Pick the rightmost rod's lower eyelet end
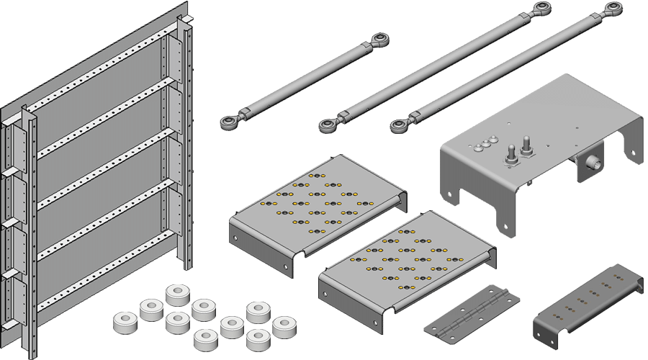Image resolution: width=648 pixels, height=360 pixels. point(398,127)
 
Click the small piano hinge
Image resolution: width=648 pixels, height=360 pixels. point(472,311)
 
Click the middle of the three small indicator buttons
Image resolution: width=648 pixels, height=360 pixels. point(485,143)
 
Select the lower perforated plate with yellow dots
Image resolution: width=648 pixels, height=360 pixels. point(407,266)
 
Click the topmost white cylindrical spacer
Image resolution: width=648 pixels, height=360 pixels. point(177,294)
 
